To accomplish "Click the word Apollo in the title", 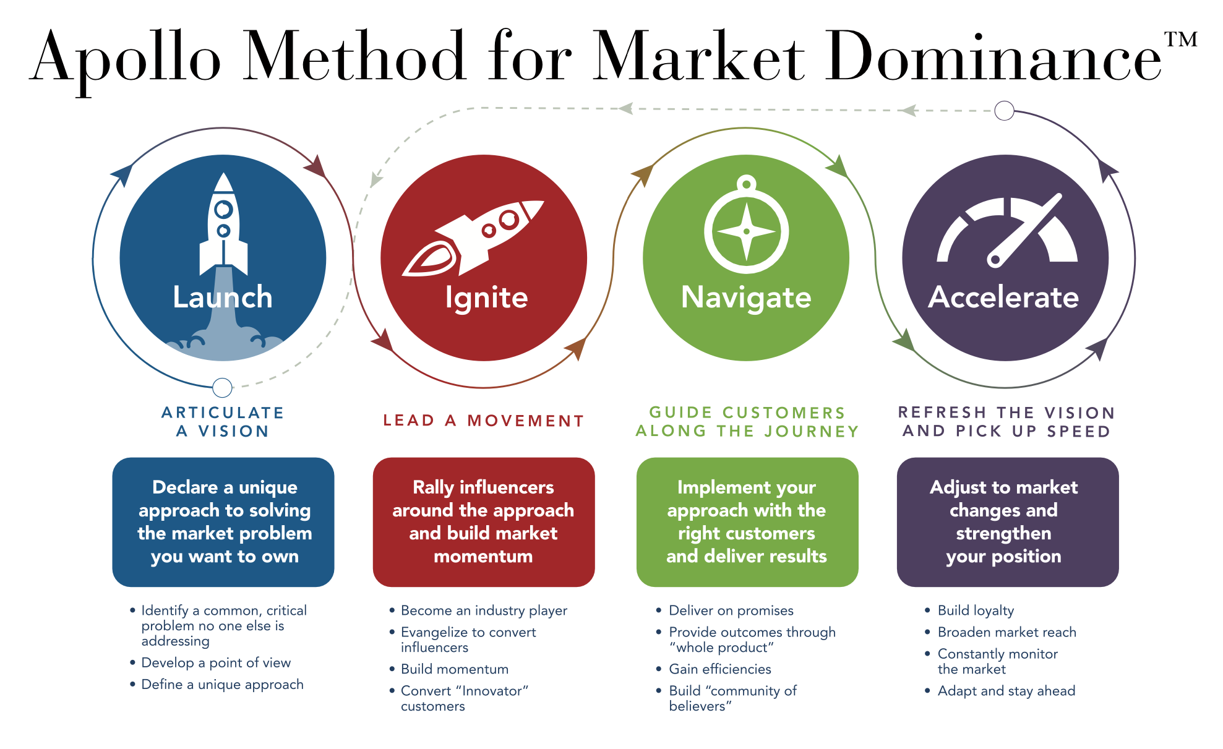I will [127, 59].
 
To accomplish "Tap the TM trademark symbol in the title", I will [1180, 40].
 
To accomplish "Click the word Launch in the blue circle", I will [223, 297].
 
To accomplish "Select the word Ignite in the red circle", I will [486, 297].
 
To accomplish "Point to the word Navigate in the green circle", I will [746, 297].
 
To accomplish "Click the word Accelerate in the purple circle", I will [1003, 297].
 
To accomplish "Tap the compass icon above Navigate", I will [747, 229].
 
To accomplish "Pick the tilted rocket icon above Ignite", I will [473, 238].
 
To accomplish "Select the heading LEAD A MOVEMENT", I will [484, 421].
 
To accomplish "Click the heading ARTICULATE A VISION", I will [223, 422].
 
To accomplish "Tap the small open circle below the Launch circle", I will [222, 388].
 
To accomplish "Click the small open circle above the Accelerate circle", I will [1004, 111].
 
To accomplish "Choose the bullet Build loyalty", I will [976, 610].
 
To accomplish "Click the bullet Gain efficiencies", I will [720, 669].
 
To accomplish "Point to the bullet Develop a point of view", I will [216, 663].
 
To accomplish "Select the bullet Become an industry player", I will [484, 610].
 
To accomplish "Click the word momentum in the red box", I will [483, 556].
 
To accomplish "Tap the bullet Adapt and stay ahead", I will [1006, 691].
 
